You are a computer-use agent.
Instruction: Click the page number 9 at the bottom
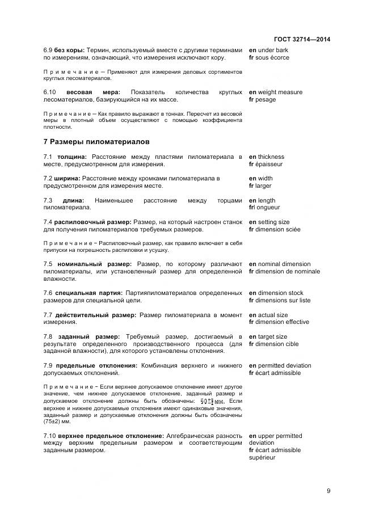tap(328, 491)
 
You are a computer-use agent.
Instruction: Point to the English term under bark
tap(273, 50)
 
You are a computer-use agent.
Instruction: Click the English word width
tap(265, 179)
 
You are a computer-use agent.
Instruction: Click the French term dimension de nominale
tap(289, 272)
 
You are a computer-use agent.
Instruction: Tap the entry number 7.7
tap(48, 315)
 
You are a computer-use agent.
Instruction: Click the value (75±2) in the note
tap(52, 422)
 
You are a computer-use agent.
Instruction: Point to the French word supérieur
tap(262, 458)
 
